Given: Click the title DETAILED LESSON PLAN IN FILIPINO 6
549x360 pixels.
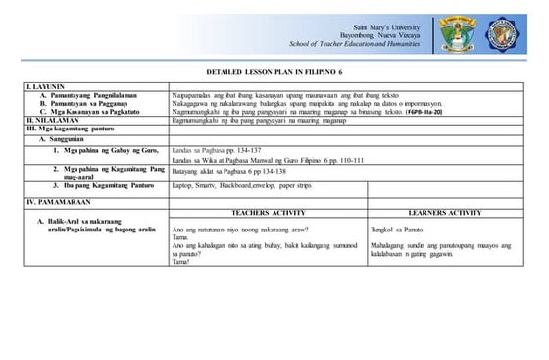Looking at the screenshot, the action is (274, 75).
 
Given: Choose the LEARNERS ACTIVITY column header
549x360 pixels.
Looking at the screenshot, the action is (443, 212).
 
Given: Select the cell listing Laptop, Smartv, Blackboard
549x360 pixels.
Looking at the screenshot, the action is (232, 184).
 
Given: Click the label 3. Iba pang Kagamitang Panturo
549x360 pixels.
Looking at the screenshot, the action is (104, 184).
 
